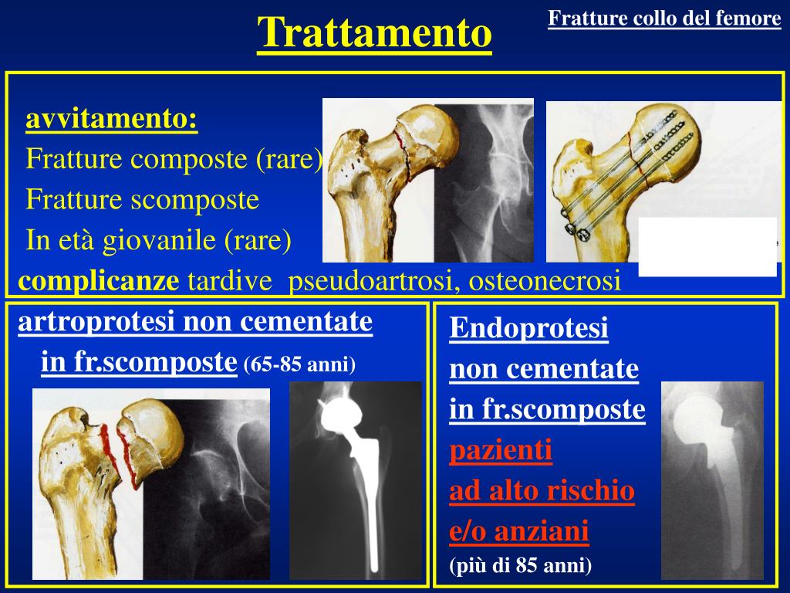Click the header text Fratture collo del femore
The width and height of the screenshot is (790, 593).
pyautogui.click(x=664, y=19)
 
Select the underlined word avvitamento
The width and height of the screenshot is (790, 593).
pyautogui.click(x=111, y=120)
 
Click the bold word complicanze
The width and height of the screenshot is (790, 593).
pyautogui.click(x=98, y=281)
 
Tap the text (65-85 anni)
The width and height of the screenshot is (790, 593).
pyautogui.click(x=299, y=364)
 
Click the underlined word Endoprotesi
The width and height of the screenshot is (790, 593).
pyautogui.click(x=528, y=329)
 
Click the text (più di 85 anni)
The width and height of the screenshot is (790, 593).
pyautogui.click(x=520, y=566)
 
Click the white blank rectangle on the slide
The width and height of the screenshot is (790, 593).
pyautogui.click(x=707, y=246)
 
